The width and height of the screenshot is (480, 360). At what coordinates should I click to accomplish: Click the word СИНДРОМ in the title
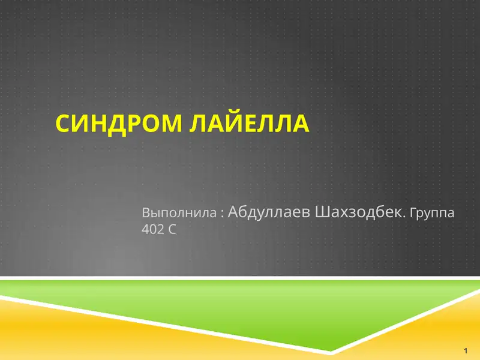(120, 123)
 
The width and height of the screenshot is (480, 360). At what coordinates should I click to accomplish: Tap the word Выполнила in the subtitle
(179, 212)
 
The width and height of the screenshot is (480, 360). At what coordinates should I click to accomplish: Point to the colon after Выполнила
(222, 213)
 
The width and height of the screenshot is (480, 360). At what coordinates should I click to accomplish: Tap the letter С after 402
(172, 229)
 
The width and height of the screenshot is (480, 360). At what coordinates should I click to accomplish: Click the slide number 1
(466, 350)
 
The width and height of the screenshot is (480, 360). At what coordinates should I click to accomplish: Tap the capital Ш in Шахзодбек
(322, 212)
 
